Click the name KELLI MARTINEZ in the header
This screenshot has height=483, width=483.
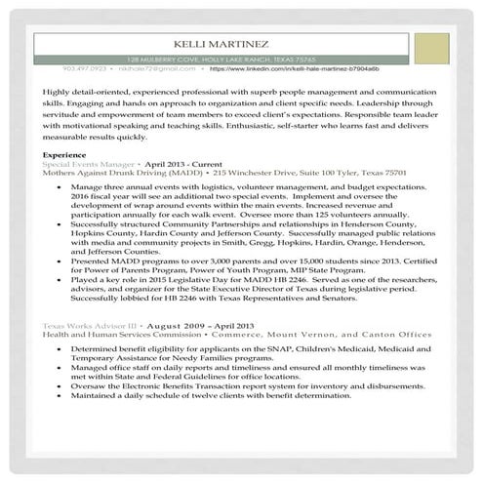pyautogui.click(x=219, y=43)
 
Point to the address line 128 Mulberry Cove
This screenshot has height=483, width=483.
pyautogui.click(x=221, y=59)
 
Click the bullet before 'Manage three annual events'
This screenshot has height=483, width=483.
pyautogui.click(x=63, y=184)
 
